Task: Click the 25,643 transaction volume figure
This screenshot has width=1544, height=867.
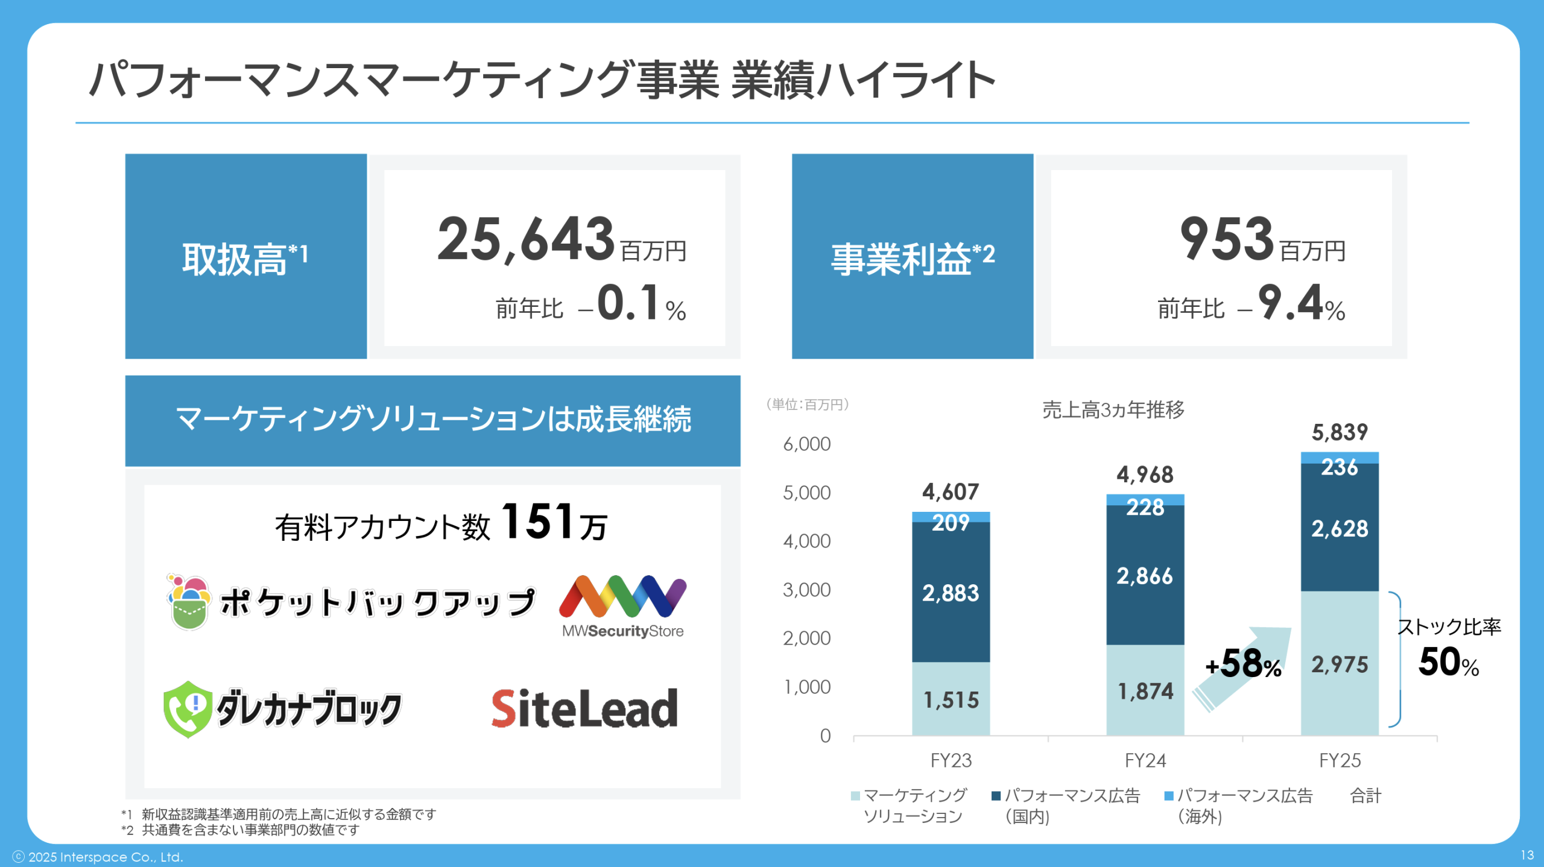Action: coord(526,239)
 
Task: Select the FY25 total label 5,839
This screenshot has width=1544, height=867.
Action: coord(1340,432)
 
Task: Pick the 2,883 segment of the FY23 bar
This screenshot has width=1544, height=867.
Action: coord(951,593)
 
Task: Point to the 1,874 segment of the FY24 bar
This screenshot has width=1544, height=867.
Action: coord(1145,691)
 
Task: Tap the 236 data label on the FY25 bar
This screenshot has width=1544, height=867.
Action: coord(1340,467)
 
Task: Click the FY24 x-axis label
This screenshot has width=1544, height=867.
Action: coord(1145,760)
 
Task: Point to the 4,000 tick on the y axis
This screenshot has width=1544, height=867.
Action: coord(806,541)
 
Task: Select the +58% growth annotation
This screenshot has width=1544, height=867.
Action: coord(1243,664)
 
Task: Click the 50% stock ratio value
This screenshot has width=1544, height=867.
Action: coord(1448,663)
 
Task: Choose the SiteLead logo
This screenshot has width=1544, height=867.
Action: coord(584,708)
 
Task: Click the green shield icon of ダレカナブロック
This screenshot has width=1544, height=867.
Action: coord(188,709)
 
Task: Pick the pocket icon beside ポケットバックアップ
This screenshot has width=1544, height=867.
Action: coord(189,602)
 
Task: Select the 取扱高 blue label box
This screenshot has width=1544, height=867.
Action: coord(245,256)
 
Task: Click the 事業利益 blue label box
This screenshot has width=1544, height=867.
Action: coord(912,256)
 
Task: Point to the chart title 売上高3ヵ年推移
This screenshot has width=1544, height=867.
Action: coord(1113,410)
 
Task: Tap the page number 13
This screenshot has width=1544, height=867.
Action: coord(1527,855)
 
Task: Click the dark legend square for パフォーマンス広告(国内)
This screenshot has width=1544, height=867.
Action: coord(996,796)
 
